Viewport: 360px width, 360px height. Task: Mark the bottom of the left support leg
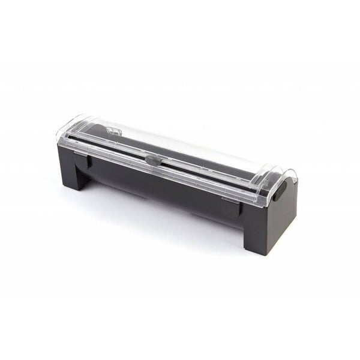[82, 187]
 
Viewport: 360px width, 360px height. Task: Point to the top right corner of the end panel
[295, 180]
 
